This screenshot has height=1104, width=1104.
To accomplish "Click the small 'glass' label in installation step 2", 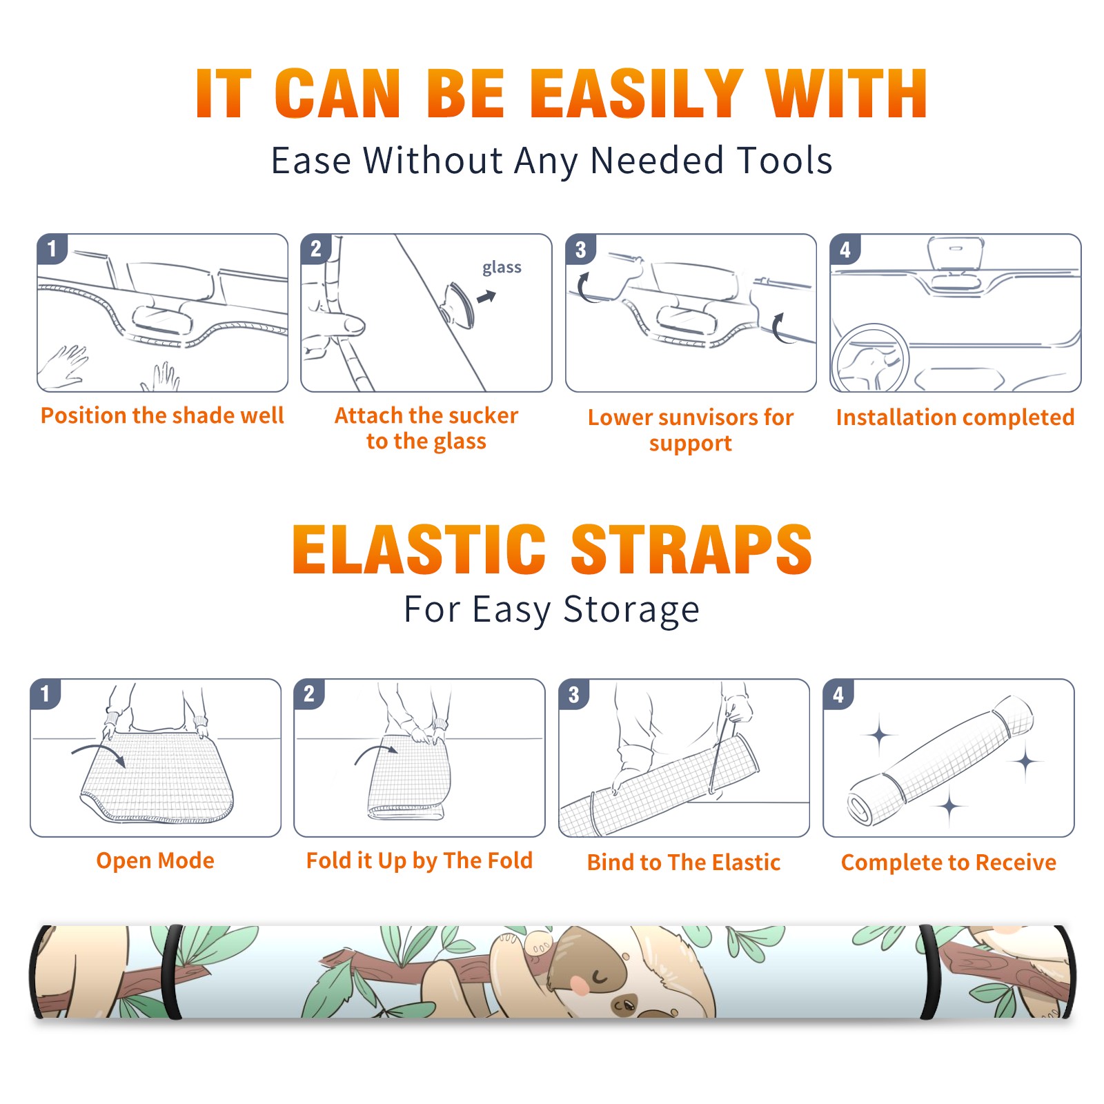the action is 502,267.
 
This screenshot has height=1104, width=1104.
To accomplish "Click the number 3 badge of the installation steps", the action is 581,249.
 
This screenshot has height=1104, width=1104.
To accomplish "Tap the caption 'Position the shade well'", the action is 162,415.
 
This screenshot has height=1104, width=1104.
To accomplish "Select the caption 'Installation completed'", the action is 955,417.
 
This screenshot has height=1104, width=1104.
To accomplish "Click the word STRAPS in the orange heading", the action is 691,549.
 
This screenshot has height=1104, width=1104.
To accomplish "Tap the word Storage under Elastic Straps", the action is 631,609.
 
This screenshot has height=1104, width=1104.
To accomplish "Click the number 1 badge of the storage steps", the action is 46,694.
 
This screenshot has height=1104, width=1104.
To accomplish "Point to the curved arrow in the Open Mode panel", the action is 99,753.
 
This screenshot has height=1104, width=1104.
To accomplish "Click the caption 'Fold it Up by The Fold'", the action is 420,860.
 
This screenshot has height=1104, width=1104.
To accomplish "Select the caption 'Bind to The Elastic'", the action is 684,862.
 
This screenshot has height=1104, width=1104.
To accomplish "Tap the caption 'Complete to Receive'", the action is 949,862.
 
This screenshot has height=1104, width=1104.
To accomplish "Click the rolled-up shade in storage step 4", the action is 940,761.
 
